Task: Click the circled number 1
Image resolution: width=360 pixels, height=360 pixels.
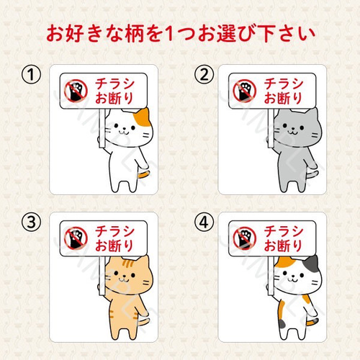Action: pyautogui.click(x=31, y=75)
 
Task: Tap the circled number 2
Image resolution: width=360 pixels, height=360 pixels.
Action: pyautogui.click(x=204, y=75)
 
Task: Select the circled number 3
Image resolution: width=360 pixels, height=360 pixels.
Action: pyautogui.click(x=31, y=222)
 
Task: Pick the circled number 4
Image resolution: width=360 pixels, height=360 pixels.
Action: pyautogui.click(x=204, y=222)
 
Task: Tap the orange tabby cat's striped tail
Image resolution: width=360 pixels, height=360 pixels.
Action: pyautogui.click(x=144, y=321)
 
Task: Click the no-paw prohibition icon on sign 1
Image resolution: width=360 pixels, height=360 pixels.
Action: pyautogui.click(x=76, y=91)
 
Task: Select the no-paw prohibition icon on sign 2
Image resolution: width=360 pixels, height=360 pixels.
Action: pyautogui.click(x=245, y=91)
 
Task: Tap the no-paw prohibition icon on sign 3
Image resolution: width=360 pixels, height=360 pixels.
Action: pyautogui.click(x=76, y=238)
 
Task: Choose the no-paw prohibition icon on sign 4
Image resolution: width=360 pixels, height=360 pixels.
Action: pyautogui.click(x=245, y=238)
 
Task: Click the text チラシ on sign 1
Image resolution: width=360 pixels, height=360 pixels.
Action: pyautogui.click(x=114, y=84)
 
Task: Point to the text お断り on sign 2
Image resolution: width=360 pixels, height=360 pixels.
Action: pyautogui.click(x=283, y=98)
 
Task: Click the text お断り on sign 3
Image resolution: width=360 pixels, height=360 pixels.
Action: pyautogui.click(x=114, y=246)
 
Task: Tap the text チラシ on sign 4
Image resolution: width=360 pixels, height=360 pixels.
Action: pyautogui.click(x=284, y=231)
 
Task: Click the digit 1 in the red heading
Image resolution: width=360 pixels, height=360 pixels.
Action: pyautogui.click(x=169, y=34)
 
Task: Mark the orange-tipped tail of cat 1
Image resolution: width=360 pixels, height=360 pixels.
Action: pyautogui.click(x=145, y=174)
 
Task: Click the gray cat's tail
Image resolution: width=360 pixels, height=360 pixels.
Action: pyautogui.click(x=312, y=174)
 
